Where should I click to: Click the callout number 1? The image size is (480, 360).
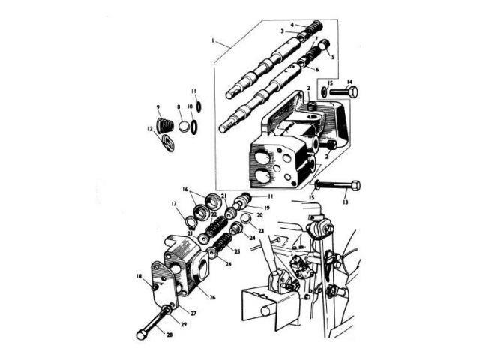point(213,38)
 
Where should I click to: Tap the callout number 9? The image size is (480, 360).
point(158,107)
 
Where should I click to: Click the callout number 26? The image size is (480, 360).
point(212,297)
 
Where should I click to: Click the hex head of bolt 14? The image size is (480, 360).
point(352,92)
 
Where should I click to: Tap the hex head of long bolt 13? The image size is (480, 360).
point(354,185)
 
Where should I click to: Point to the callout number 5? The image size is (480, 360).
point(333,55)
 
